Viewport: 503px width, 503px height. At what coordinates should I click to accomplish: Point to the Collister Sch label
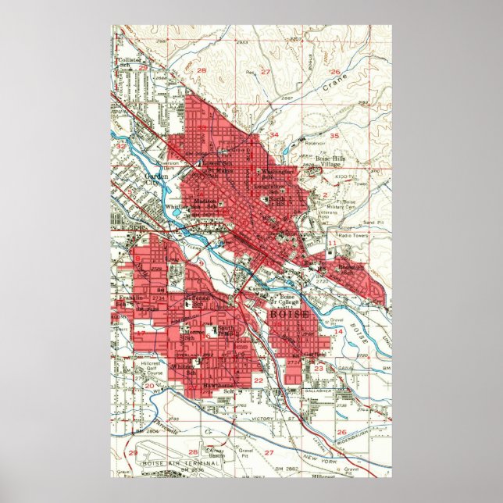tap(128, 62)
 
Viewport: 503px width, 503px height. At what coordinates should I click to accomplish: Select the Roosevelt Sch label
tap(348, 269)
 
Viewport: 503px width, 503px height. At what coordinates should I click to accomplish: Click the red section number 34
tap(273, 135)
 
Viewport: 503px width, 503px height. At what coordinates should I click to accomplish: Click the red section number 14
tap(338, 332)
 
